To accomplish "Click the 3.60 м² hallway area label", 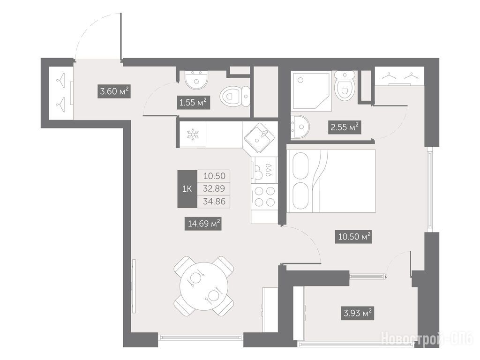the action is coord(114,91).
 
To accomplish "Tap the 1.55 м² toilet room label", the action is coord(194,103).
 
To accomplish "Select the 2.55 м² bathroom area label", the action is coord(345,127).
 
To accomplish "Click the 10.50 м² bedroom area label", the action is coord(354,237).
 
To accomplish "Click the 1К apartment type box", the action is coord(187,189).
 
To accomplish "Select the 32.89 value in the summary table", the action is coord(214,188).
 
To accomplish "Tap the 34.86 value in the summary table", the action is coord(214,202).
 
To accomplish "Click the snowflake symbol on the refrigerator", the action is coord(193,135).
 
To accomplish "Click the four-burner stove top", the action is coord(264,197).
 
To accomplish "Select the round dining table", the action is coord(204,286).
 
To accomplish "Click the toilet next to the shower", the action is coord(345,85).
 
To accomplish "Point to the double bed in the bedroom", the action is coord(331,181).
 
